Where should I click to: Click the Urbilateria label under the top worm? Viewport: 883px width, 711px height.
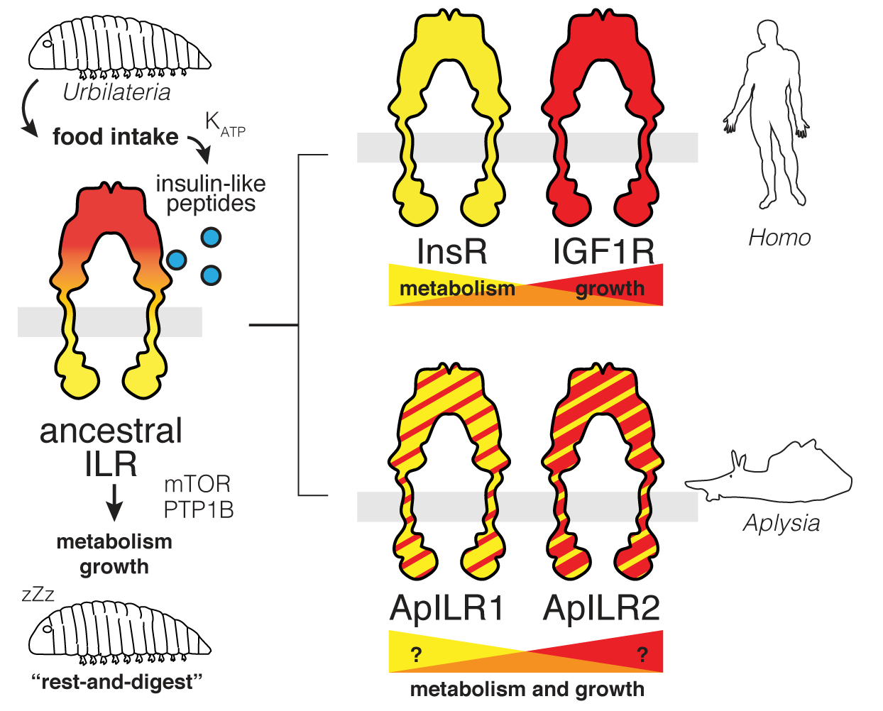click(117, 92)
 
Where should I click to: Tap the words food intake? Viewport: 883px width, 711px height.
click(116, 136)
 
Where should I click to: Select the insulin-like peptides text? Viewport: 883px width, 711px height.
click(211, 194)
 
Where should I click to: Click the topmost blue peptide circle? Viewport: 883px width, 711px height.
click(211, 238)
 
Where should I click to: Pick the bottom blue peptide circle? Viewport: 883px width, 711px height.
click(211, 275)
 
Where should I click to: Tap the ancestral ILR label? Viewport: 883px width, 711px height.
click(111, 447)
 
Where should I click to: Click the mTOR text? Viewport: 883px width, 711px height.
click(197, 484)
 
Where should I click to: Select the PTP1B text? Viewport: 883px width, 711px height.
click(199, 509)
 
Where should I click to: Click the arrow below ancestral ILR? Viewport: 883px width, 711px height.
click(114, 502)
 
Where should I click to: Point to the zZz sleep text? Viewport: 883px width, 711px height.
click(38, 594)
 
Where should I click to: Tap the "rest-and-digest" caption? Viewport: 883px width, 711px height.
click(118, 682)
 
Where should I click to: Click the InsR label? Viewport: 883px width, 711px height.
click(451, 251)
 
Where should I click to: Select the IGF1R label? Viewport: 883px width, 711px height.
click(603, 251)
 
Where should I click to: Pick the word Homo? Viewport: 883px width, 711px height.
click(779, 238)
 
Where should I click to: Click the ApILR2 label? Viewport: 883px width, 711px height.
click(602, 608)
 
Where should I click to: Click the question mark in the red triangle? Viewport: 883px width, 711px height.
click(642, 654)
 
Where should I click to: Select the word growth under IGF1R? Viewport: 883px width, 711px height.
click(610, 289)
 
